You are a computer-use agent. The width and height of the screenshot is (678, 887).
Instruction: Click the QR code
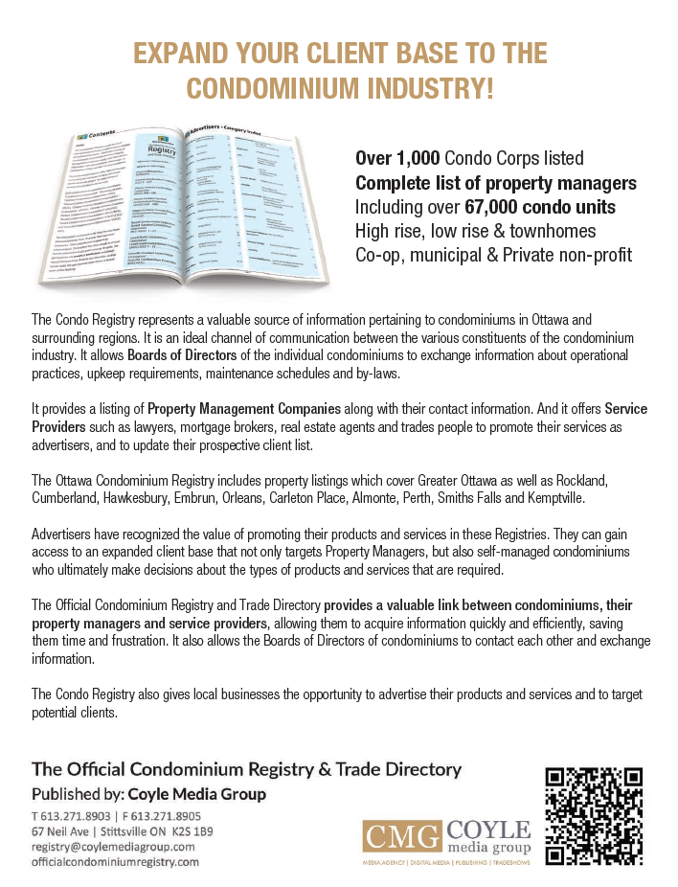point(593,815)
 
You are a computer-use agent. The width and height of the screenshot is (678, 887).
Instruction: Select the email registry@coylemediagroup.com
point(113,847)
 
